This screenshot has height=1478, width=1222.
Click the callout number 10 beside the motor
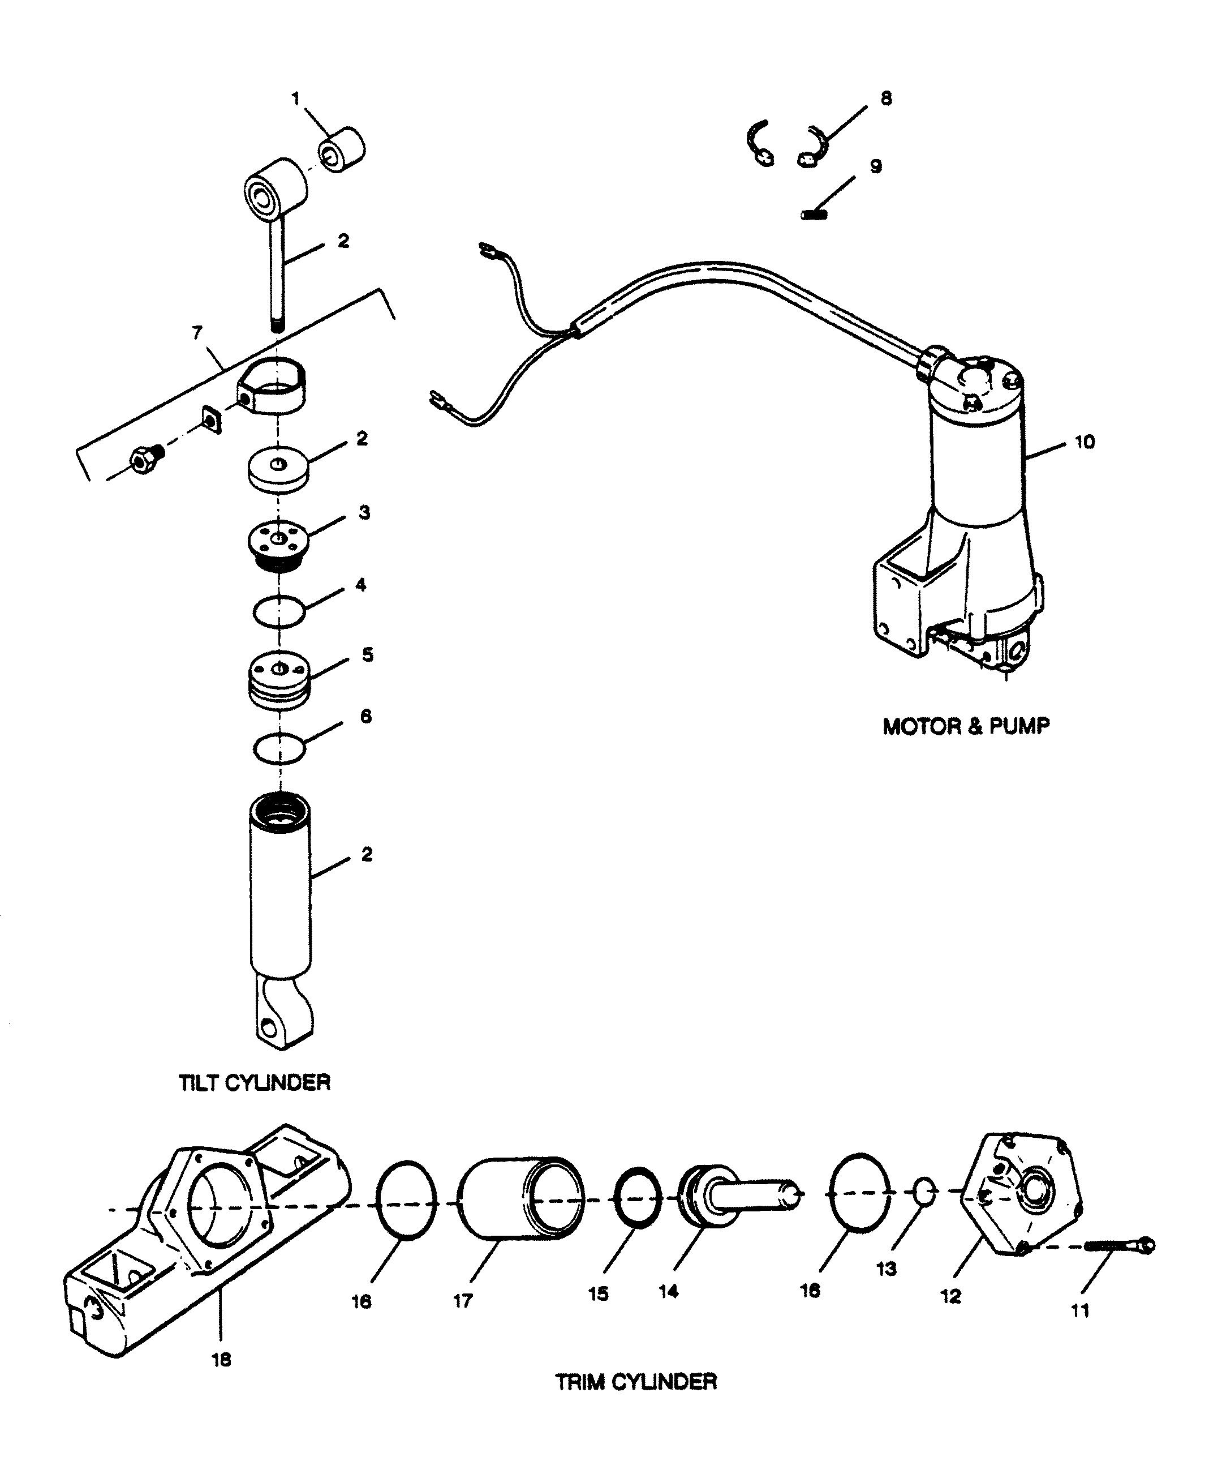click(x=1083, y=442)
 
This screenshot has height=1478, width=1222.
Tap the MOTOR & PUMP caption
click(x=966, y=726)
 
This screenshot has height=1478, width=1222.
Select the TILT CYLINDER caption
click(x=255, y=1082)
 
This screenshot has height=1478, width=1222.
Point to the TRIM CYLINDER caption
click(x=636, y=1382)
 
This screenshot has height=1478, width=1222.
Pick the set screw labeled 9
click(x=814, y=214)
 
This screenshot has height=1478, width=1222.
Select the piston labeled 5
click(x=280, y=680)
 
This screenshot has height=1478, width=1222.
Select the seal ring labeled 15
click(x=638, y=1197)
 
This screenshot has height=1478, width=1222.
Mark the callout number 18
click(x=222, y=1360)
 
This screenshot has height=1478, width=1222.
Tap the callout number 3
click(x=364, y=512)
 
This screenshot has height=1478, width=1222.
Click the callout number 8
click(x=886, y=98)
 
